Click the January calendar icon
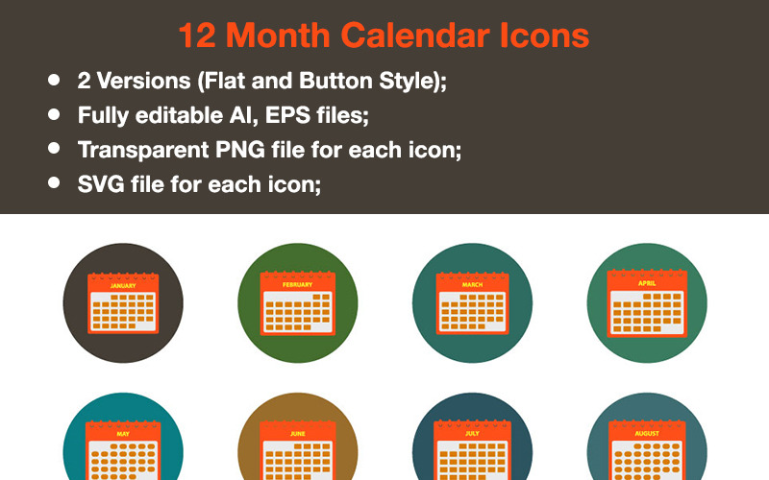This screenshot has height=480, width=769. click(x=122, y=302)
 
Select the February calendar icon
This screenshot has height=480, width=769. click(x=297, y=302)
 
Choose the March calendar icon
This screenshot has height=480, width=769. click(x=471, y=302)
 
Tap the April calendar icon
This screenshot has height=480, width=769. click(x=646, y=302)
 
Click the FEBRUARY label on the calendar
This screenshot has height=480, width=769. click(x=297, y=285)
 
